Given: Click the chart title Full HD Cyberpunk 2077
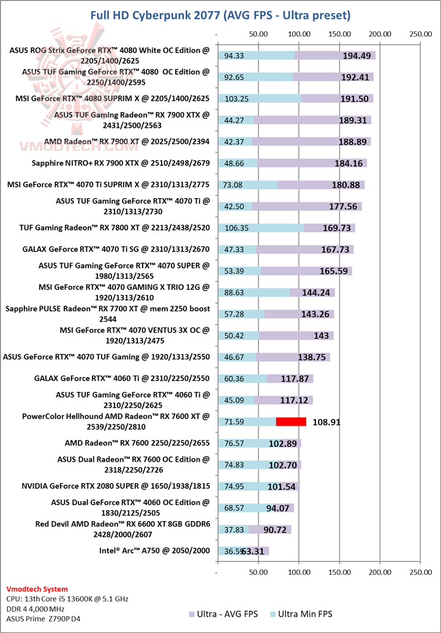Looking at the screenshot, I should [x=220, y=14].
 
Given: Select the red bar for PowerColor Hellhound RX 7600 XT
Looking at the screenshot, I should [x=291, y=421].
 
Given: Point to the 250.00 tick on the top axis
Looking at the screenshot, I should [x=420, y=34].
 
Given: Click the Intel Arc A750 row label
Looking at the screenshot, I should [x=154, y=550].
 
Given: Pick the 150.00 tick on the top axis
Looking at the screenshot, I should [x=339, y=34].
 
